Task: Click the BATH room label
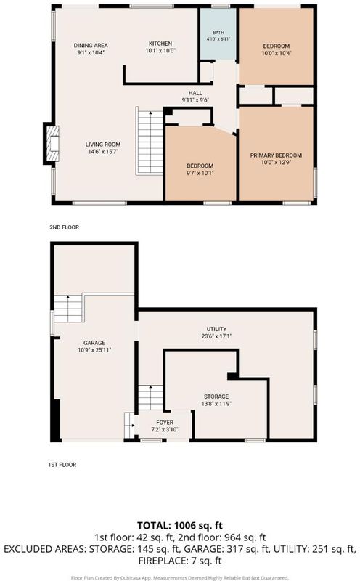(218, 33)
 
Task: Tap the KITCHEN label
(160, 44)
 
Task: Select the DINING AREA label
(91, 46)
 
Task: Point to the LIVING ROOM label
(103, 145)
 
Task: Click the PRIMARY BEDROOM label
(276, 155)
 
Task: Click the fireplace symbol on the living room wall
(52, 143)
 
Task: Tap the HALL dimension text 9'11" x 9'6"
(195, 100)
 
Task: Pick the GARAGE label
(94, 343)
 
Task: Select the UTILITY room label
(217, 329)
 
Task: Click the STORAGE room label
(216, 397)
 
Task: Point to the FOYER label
(165, 423)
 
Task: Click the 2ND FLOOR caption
(65, 227)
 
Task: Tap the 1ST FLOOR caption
(62, 465)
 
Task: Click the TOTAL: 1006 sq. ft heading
(180, 525)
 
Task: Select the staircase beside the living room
(150, 141)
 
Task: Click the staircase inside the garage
(68, 308)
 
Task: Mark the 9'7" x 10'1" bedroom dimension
(200, 173)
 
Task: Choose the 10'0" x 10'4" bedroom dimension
(277, 53)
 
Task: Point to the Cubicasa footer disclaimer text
(179, 577)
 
